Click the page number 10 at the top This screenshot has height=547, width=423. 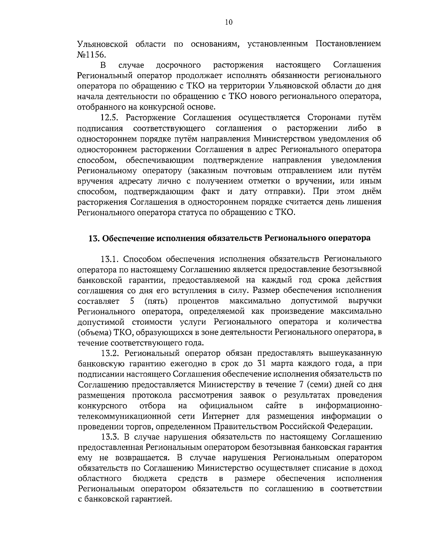coord(228,22)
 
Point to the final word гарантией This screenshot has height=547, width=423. coord(146,499)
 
